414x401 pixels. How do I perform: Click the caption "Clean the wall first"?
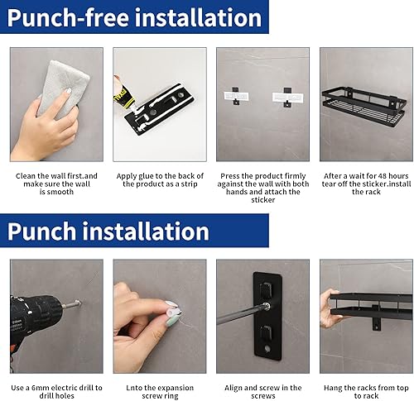pos(56,175)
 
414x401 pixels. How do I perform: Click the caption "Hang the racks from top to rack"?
pos(366,392)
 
